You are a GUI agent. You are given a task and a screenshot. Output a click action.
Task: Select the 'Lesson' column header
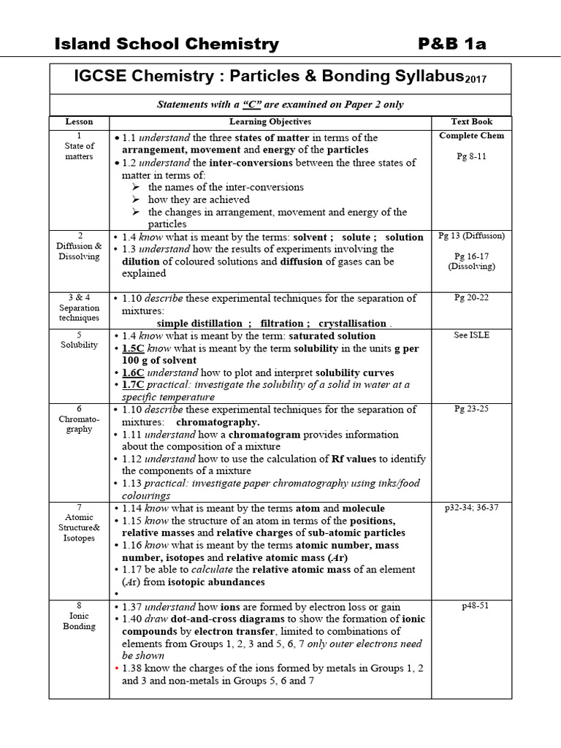point(79,122)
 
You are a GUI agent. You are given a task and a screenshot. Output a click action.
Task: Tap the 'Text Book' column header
point(472,122)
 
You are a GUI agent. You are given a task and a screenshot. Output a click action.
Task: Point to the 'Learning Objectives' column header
point(270,122)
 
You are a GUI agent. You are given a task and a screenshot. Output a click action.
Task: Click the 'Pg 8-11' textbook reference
point(471,156)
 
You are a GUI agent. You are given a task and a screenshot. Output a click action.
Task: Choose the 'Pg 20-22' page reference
point(471,298)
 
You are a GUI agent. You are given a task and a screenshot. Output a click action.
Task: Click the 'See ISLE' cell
point(471,335)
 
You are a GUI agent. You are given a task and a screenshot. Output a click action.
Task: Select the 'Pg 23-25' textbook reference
point(471,409)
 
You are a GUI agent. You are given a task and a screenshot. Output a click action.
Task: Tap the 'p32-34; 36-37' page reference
point(471,508)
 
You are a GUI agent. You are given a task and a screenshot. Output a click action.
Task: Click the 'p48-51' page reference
point(471,606)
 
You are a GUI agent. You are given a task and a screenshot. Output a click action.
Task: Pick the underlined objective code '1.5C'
point(134,348)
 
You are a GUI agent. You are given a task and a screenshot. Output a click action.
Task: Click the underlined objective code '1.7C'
point(134,385)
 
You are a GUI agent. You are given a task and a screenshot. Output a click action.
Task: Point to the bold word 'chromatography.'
point(218,422)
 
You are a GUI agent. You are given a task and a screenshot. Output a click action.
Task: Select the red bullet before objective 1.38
point(115,668)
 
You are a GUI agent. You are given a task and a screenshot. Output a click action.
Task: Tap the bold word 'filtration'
point(281,324)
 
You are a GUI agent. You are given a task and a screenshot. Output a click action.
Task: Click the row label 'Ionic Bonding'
point(79,621)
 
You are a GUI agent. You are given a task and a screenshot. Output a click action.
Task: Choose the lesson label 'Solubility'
point(79,345)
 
